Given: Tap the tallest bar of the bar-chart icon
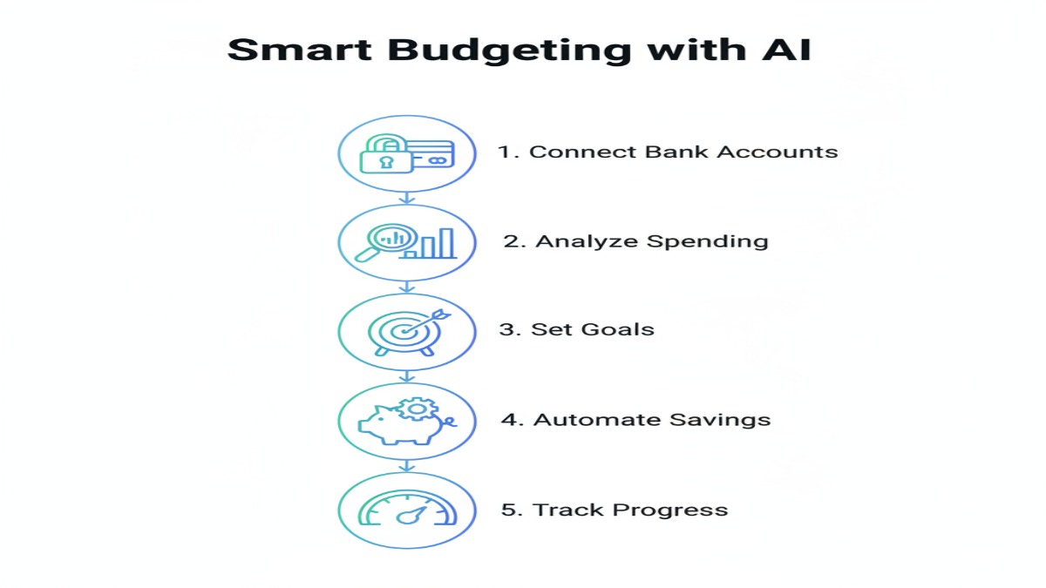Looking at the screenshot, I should point(446,244).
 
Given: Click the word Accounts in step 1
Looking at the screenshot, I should point(787,152).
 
